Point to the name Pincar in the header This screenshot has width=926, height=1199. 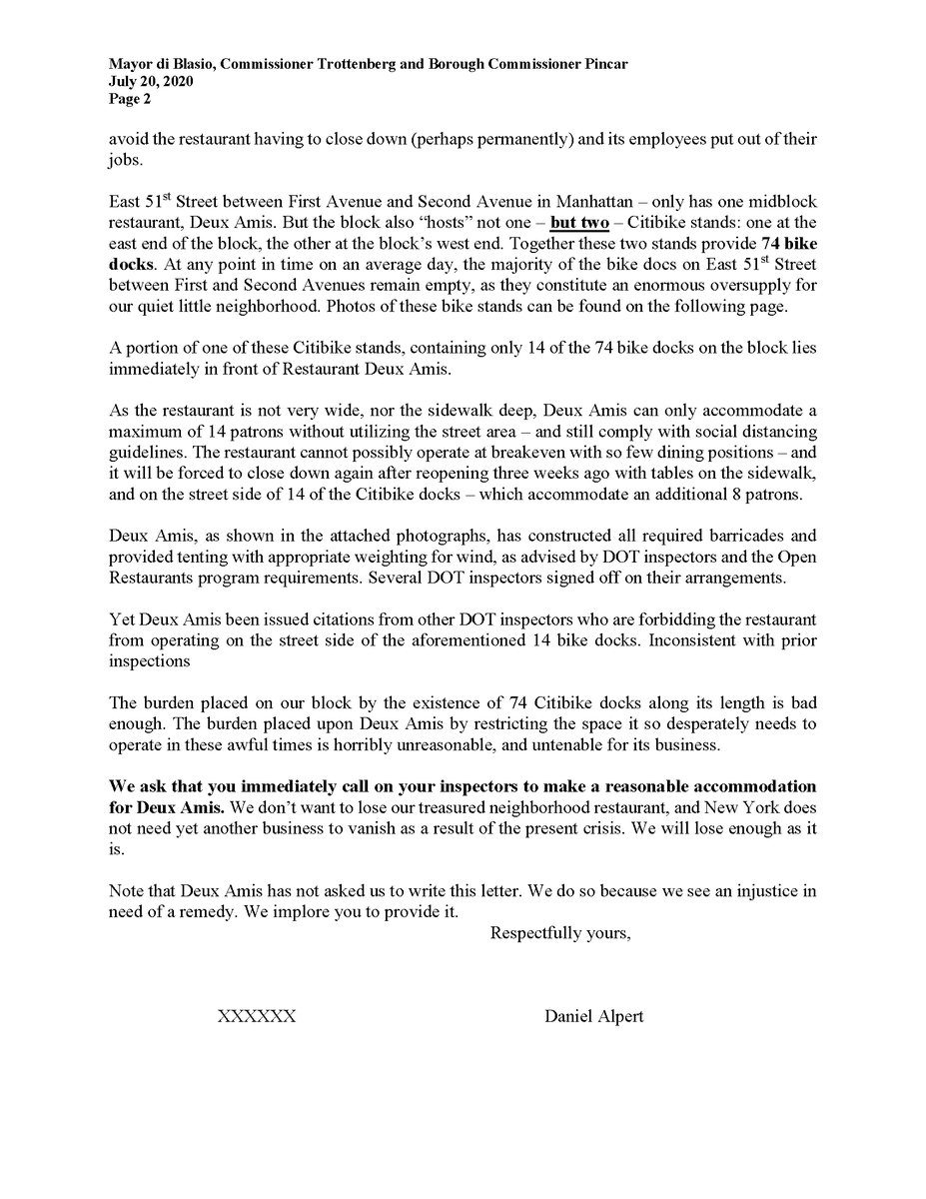[x=602, y=65]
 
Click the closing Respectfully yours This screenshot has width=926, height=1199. [x=559, y=934]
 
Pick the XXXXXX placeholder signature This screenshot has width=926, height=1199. [x=257, y=1016]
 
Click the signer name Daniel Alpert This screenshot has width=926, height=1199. [x=593, y=1016]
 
